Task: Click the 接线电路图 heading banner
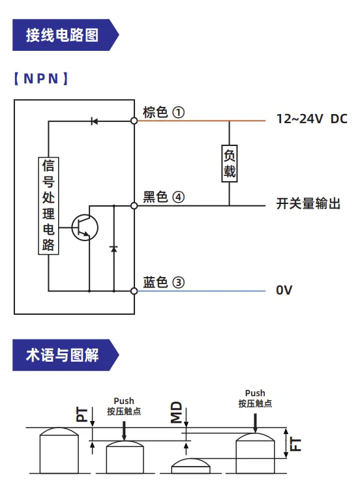point(66,35)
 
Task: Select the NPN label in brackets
point(41,78)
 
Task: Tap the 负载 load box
point(229,163)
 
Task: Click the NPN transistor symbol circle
point(85,227)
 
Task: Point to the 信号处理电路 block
point(48,205)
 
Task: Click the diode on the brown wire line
point(94,121)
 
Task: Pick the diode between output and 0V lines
point(113,248)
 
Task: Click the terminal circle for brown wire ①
point(134,121)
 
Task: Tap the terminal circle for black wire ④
point(134,206)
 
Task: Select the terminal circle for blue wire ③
point(134,291)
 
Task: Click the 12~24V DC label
point(312,119)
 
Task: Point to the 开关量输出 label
point(308,203)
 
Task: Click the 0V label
point(284,290)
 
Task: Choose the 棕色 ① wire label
point(164,112)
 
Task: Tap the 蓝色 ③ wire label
point(164,282)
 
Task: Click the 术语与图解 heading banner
point(66,355)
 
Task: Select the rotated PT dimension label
point(82,414)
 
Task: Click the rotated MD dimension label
point(177,412)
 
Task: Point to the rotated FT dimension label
point(295,444)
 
